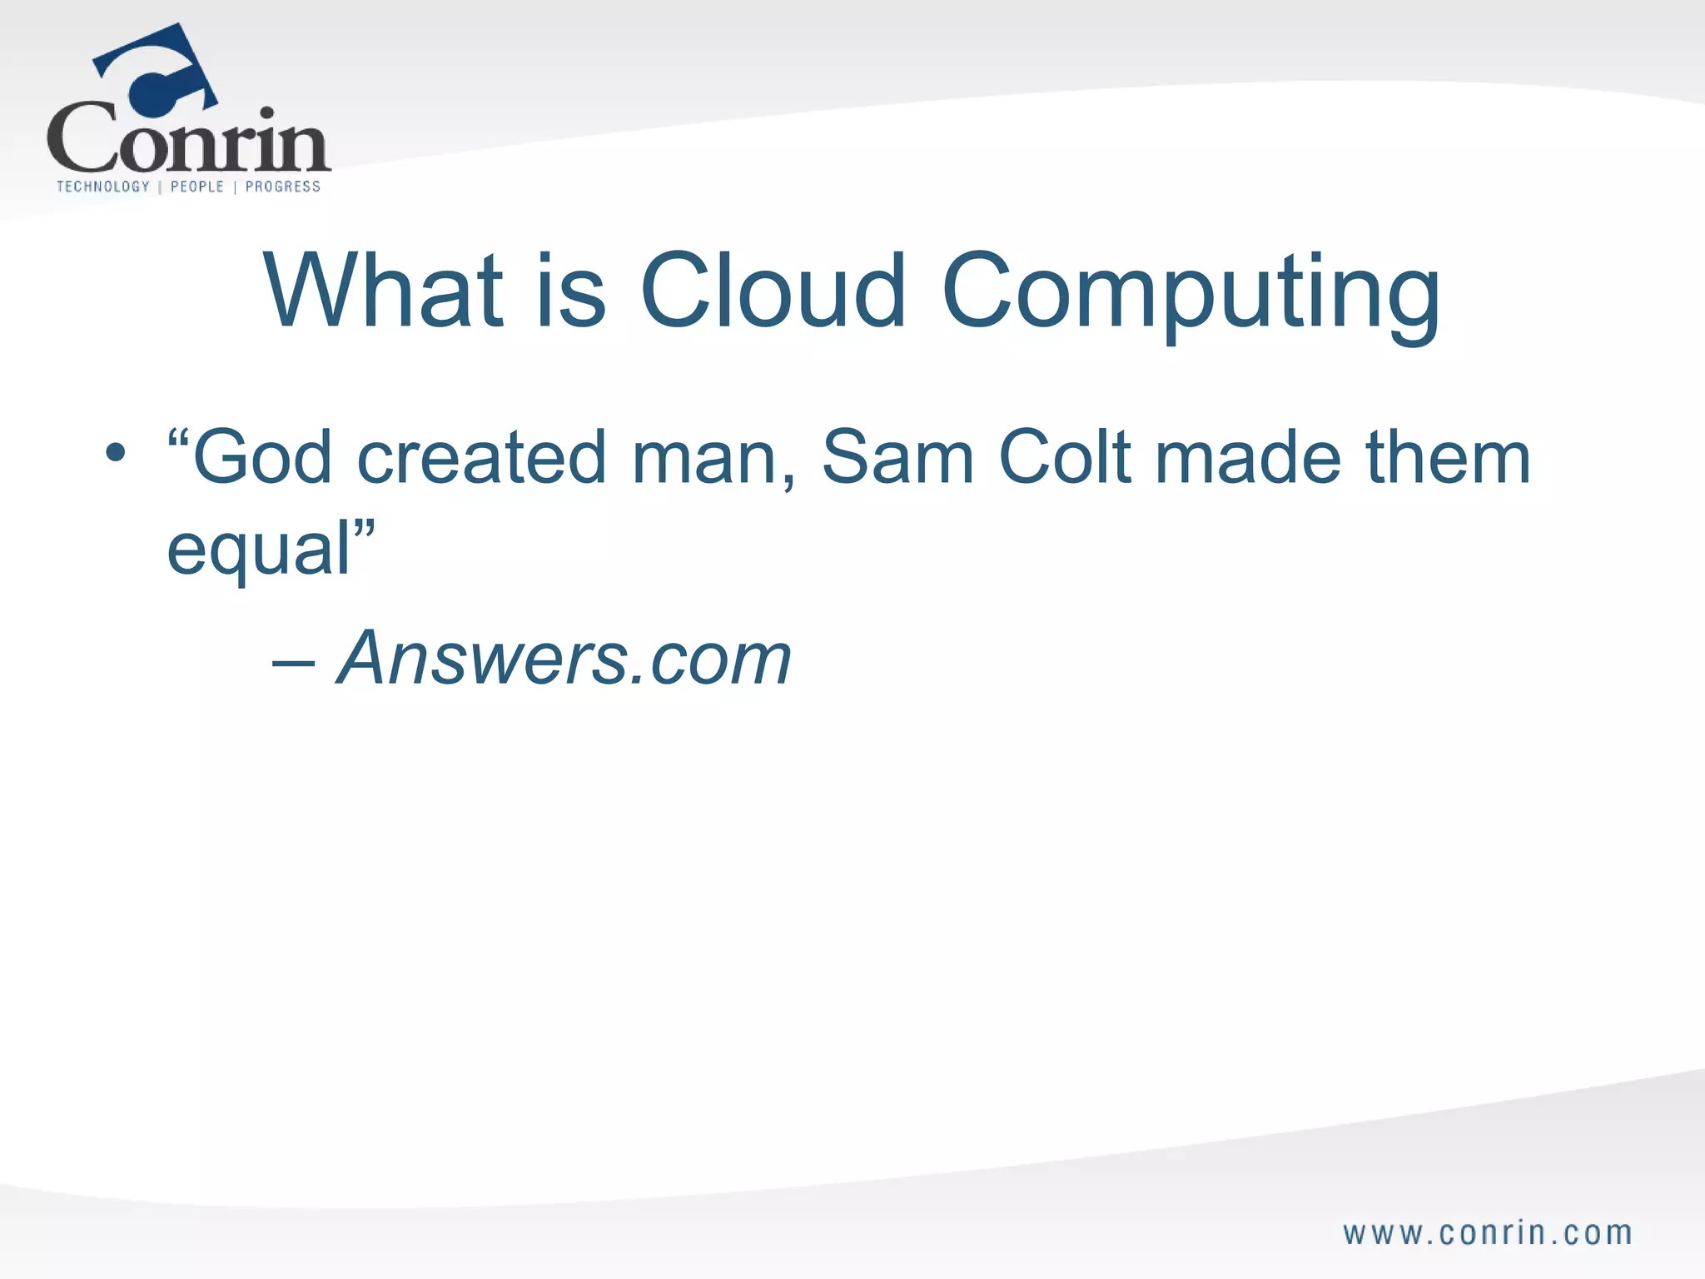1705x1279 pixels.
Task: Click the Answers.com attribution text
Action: click(x=564, y=658)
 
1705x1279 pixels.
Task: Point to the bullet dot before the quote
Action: click(x=116, y=454)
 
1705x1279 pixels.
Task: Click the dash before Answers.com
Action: click(x=293, y=662)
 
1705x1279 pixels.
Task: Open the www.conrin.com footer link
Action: click(x=1487, y=1233)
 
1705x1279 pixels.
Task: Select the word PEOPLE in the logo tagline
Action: click(x=197, y=187)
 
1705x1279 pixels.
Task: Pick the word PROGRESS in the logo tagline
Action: click(x=283, y=187)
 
